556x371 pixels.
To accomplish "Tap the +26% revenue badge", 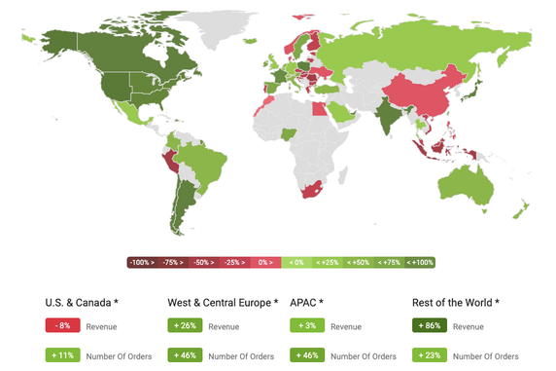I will pyautogui.click(x=185, y=326).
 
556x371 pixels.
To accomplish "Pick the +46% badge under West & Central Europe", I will pyautogui.click(x=185, y=355).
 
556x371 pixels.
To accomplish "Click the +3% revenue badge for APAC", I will pyautogui.click(x=306, y=326).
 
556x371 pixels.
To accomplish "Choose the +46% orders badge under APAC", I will pyautogui.click(x=307, y=355).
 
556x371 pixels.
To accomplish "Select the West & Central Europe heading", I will pyautogui.click(x=223, y=302).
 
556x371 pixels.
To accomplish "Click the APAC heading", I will pyautogui.click(x=307, y=302).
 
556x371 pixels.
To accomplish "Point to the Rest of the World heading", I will pyautogui.click(x=456, y=302).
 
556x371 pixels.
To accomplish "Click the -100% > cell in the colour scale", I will pyautogui.click(x=143, y=262).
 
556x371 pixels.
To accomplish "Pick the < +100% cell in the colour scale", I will pyautogui.click(x=419, y=262).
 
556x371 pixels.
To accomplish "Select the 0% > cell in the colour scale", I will pyautogui.click(x=265, y=262).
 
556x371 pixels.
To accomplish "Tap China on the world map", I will pyautogui.click(x=418, y=93).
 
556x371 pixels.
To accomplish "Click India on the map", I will pyautogui.click(x=386, y=115).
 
